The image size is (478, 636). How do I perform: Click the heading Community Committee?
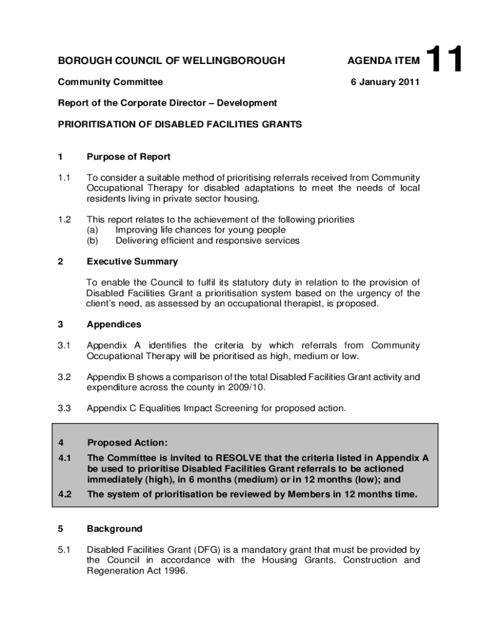point(110,81)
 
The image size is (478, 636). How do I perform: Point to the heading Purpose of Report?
point(129,157)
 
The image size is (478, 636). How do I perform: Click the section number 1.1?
point(65,178)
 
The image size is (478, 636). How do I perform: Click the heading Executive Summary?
point(132,261)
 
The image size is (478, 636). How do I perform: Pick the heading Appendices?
point(114,324)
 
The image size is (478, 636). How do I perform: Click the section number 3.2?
point(65,376)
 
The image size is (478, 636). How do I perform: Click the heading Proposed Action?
point(127,443)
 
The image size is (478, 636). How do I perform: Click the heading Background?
point(115,529)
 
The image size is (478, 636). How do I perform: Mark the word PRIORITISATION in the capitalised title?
point(94,124)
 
